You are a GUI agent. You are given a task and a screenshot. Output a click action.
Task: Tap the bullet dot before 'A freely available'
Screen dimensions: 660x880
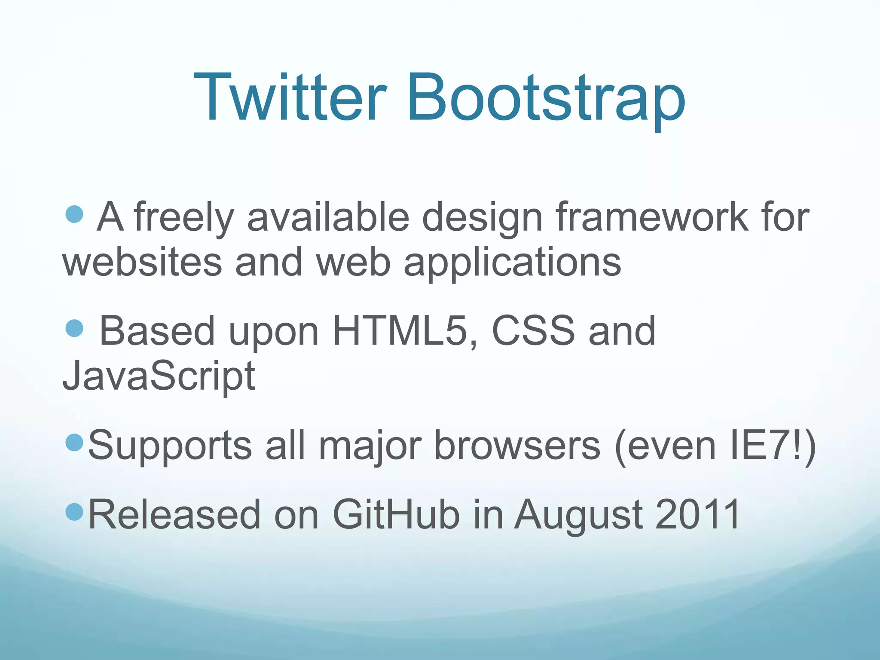[x=75, y=214]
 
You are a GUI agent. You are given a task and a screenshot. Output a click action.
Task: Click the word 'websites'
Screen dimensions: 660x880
[x=142, y=262]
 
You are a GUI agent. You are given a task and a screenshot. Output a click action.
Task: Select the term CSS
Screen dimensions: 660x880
[x=533, y=331]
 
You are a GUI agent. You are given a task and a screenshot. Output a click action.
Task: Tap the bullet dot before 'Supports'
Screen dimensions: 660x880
[x=75, y=443]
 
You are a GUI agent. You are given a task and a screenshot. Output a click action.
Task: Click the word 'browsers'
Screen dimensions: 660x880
[x=517, y=445]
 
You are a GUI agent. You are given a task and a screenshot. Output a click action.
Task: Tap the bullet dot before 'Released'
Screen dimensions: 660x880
[x=75, y=512]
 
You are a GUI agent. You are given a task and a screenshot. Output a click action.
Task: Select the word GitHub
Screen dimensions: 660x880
[x=396, y=514]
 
